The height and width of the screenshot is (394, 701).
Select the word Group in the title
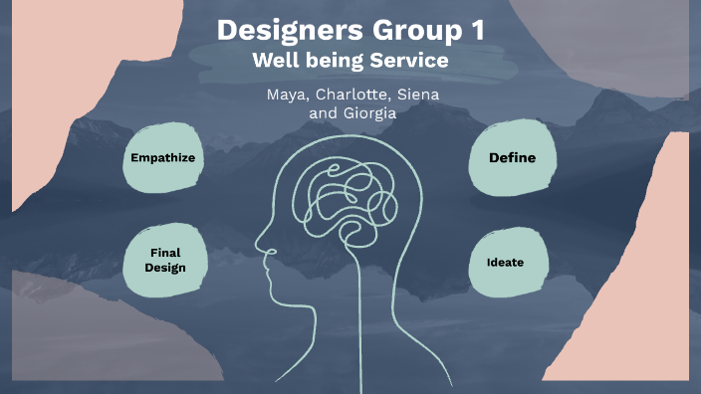point(410,31)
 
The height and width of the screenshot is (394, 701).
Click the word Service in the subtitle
point(408,61)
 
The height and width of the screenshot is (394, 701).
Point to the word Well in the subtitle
point(274,61)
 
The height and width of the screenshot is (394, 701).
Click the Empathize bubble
point(162,157)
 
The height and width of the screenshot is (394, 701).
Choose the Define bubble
point(512,157)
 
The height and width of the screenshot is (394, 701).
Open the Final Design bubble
point(165,261)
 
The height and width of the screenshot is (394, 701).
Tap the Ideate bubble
point(505,263)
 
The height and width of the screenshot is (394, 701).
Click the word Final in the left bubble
point(165,253)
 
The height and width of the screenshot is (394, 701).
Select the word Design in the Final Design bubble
point(165,268)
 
